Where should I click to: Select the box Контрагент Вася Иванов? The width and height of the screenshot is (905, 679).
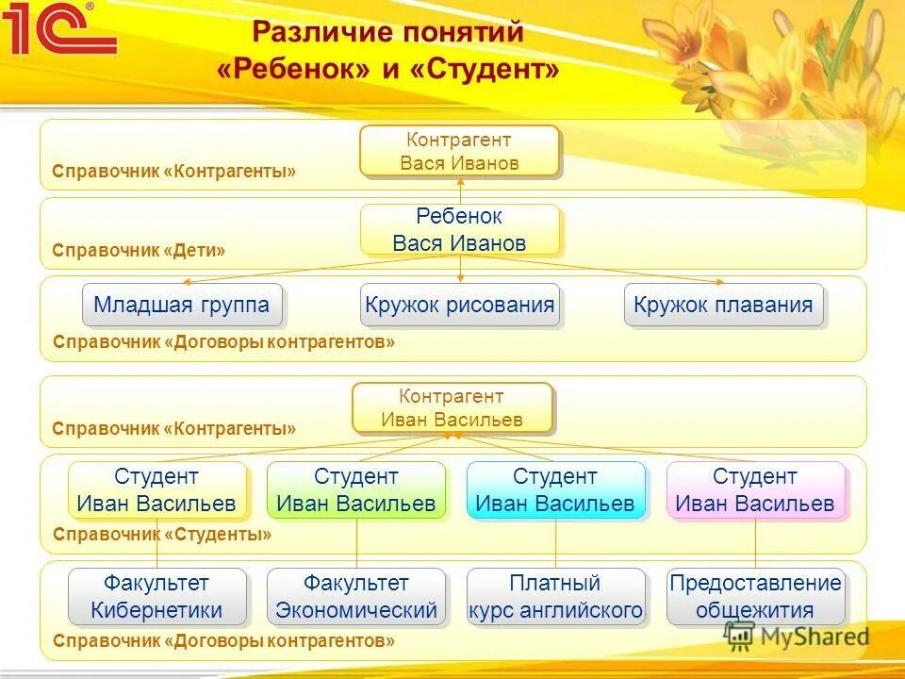459,151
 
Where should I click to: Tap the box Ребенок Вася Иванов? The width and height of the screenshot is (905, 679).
459,230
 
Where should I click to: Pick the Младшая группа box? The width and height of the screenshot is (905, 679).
182,305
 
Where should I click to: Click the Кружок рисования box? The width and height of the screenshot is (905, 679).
459,305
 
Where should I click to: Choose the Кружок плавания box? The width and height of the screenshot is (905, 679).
723,305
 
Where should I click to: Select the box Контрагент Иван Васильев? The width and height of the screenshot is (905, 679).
452,407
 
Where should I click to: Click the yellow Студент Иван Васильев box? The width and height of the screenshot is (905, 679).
156,489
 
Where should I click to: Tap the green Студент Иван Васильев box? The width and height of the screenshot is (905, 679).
356,489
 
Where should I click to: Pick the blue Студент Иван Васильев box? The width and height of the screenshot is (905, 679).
555,489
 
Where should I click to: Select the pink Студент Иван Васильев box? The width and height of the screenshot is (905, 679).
755,489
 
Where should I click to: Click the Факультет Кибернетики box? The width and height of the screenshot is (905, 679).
156,596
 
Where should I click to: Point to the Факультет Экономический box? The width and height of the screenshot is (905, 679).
356,596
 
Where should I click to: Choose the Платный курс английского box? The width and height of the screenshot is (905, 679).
555,596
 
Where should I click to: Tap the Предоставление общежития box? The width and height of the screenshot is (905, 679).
755,596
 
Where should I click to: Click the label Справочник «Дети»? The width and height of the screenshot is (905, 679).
139,251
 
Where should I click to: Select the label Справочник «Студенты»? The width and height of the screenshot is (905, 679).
162,535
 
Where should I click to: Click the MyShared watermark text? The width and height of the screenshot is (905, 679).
813,637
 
